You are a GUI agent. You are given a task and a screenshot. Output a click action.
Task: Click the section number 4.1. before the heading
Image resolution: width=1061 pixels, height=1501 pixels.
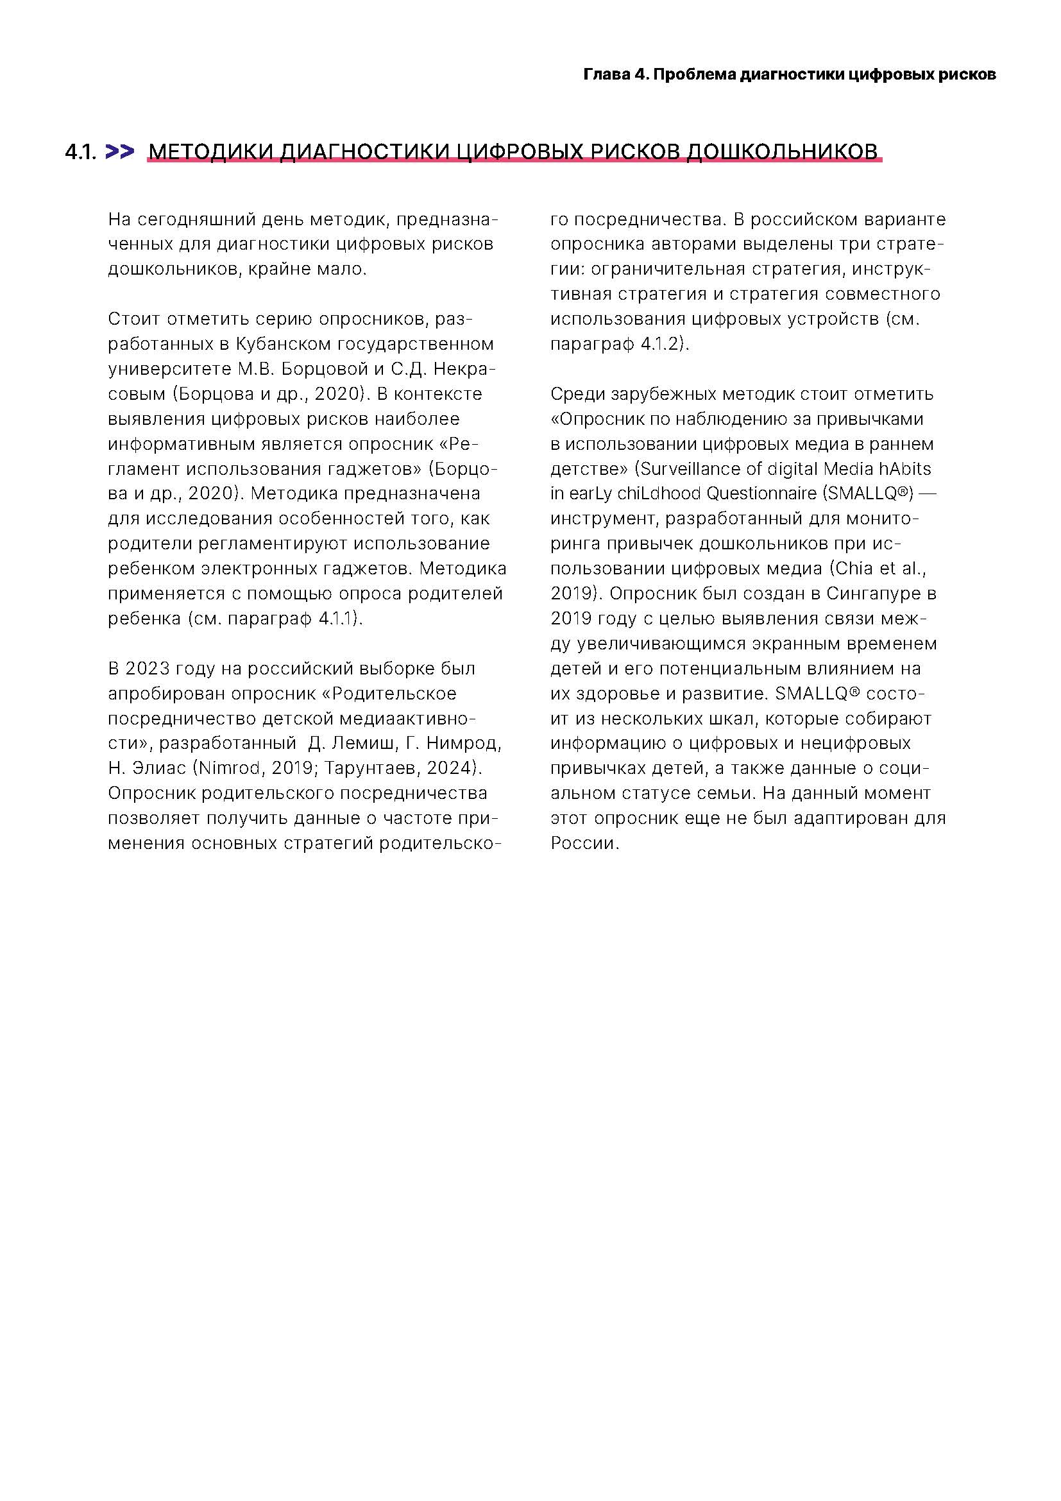click(80, 152)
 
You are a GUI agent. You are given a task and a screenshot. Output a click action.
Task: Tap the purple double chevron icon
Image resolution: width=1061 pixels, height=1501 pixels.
click(119, 151)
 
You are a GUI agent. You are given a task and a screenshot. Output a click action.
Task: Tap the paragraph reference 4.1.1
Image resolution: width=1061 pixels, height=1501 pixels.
click(339, 619)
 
